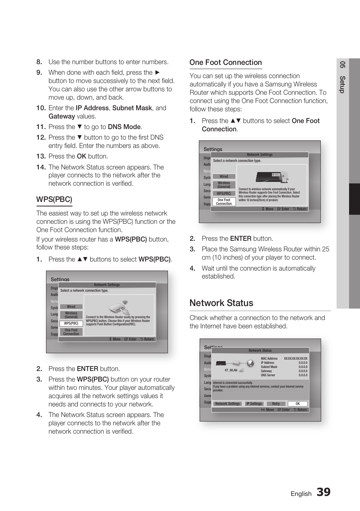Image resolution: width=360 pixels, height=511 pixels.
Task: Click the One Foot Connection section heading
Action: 225,63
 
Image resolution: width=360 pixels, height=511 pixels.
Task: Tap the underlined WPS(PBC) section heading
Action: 54,199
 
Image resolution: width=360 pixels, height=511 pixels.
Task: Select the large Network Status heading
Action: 221,303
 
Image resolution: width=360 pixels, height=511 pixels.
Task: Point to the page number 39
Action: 323,492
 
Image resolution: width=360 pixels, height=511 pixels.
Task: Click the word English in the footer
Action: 301,494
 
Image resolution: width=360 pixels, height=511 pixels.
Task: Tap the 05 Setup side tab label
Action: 342,77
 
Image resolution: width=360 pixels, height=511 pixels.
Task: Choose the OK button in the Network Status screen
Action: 297,403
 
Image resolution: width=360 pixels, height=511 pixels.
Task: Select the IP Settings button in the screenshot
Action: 254,403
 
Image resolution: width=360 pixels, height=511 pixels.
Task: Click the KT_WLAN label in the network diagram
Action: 231,370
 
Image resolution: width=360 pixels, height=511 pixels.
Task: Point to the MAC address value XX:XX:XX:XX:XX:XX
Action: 295,359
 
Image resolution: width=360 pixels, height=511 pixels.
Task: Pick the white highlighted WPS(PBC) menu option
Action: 71,323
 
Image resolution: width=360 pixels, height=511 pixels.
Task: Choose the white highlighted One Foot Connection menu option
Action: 224,202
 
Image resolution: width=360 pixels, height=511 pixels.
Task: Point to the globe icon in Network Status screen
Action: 250,363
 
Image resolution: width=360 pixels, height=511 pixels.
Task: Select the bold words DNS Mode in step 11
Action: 124,127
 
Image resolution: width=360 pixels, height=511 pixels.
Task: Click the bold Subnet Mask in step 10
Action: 132,108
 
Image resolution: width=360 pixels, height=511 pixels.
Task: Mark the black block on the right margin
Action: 354,199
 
